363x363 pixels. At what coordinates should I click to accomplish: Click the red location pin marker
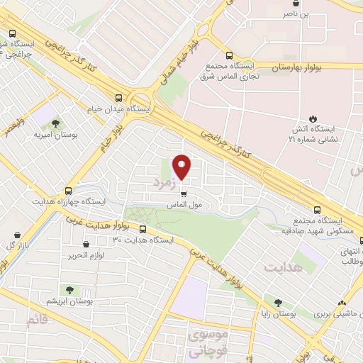182,166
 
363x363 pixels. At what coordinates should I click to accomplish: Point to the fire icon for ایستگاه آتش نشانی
312,118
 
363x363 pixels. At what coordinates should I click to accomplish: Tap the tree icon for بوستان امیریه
55,121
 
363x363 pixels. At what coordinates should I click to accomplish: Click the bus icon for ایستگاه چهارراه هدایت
68,191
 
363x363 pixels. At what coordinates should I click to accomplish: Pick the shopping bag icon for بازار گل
16,235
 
